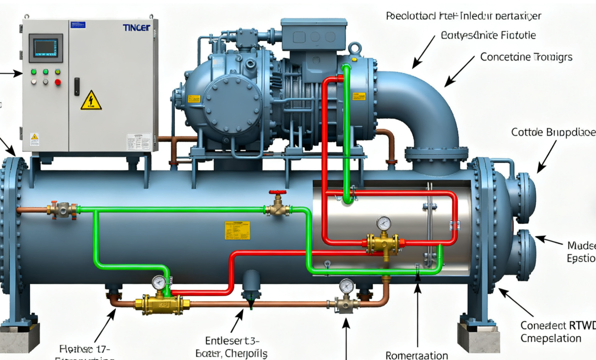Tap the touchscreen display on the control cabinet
[x=45, y=47]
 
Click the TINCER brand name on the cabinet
[x=136, y=28]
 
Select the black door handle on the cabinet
[x=77, y=86]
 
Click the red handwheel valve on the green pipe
[x=278, y=193]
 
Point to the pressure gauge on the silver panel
[x=383, y=224]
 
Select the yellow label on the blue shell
[x=238, y=230]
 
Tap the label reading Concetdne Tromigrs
[x=526, y=57]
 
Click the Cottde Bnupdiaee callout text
[x=553, y=132]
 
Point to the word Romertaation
[x=416, y=355]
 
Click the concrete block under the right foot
[x=478, y=337]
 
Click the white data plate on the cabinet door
[x=138, y=142]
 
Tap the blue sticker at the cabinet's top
[x=78, y=25]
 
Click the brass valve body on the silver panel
[x=382, y=244]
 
